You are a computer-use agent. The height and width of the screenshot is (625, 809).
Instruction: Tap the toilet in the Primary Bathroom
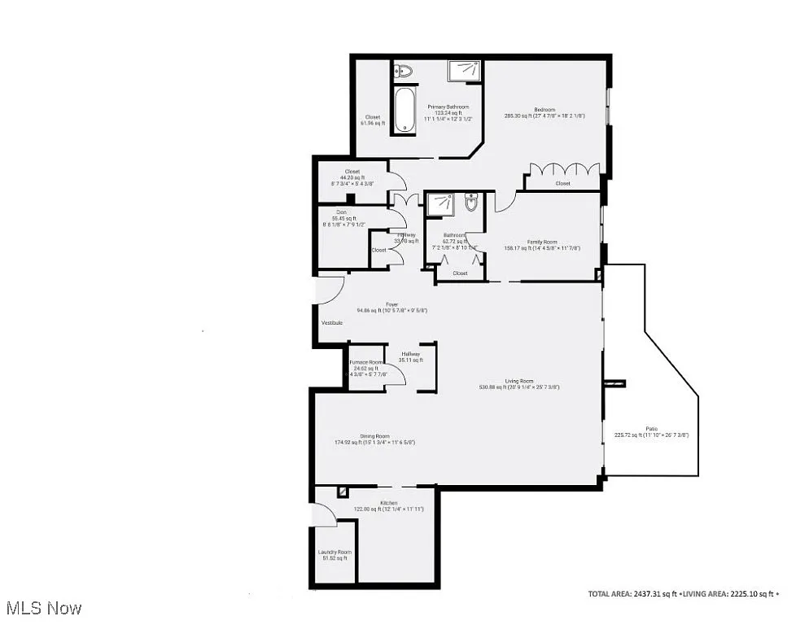pyautogui.click(x=404, y=72)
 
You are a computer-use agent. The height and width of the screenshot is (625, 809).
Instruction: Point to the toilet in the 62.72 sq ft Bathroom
pyautogui.click(x=470, y=203)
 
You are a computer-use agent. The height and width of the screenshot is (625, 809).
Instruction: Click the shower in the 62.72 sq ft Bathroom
pyautogui.click(x=440, y=204)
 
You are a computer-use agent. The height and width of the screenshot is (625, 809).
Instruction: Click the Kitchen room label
pyautogui.click(x=387, y=505)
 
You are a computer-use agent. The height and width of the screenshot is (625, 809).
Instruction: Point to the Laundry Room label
pyautogui.click(x=334, y=554)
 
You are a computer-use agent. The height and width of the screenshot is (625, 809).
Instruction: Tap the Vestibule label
pyautogui.click(x=331, y=323)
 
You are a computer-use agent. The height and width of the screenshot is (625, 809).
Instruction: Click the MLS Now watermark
pyautogui.click(x=43, y=608)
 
